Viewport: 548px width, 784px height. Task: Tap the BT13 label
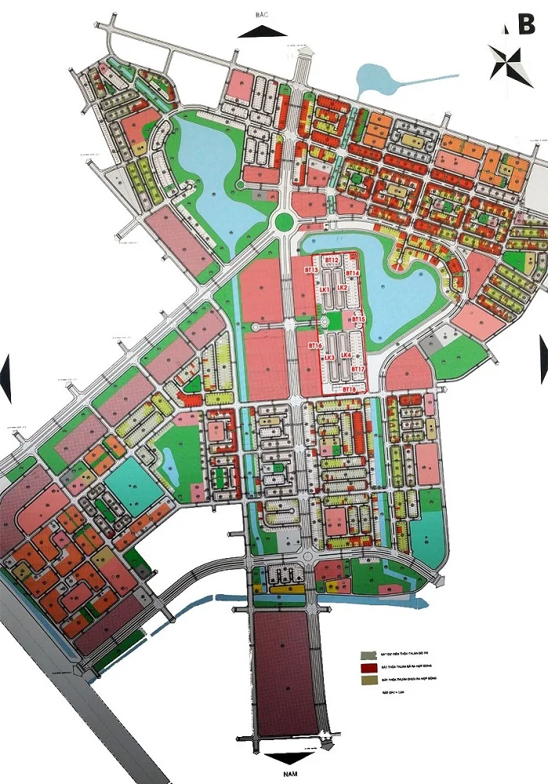pos(310,270)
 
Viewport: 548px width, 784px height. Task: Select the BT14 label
pos(353,274)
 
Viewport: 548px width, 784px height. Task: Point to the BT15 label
pos(359,320)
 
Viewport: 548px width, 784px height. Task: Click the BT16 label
pos(315,345)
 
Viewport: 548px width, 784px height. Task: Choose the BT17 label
pos(357,368)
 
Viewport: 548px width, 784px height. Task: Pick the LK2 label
pos(343,288)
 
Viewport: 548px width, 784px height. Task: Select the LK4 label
pos(347,354)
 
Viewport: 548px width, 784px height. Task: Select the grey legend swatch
pos(365,655)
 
